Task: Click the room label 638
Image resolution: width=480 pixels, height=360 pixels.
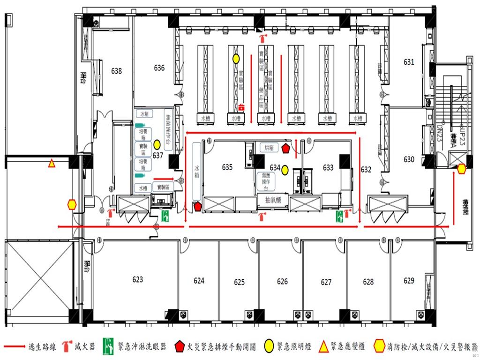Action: (116, 71)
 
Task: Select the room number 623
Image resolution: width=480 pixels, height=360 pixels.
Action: (137, 279)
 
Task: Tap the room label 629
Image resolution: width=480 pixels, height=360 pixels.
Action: (409, 281)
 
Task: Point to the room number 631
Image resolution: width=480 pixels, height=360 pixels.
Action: (409, 62)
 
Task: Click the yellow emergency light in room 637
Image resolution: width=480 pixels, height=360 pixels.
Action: (157, 144)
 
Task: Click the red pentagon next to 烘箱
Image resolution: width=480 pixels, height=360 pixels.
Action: (286, 149)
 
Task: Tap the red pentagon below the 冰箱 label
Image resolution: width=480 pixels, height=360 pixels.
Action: (197, 205)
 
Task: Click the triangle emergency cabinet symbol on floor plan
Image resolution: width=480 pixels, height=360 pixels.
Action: (51, 164)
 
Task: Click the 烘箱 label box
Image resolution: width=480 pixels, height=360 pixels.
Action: (269, 148)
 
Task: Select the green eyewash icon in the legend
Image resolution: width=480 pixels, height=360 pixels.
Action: (109, 347)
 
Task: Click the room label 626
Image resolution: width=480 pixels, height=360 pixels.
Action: (282, 282)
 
